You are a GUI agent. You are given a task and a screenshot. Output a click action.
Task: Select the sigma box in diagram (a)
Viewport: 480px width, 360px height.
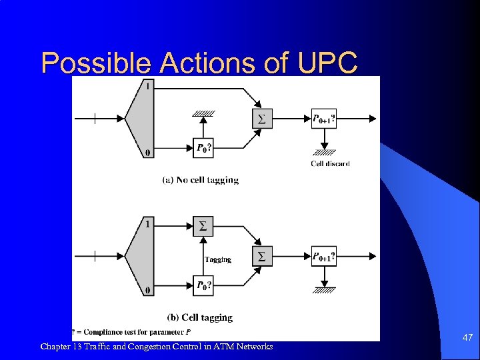click(x=261, y=119)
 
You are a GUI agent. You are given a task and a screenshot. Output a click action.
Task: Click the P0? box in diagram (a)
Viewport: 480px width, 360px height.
click(x=203, y=148)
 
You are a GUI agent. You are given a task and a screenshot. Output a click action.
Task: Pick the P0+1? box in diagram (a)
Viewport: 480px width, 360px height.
click(x=324, y=119)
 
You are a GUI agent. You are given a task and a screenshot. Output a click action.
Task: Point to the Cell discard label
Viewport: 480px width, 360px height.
click(x=330, y=163)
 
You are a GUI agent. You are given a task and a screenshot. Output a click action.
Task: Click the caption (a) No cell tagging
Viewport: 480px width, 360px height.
click(x=200, y=179)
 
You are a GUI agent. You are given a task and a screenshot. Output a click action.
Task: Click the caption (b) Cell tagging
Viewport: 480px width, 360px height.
click(x=200, y=317)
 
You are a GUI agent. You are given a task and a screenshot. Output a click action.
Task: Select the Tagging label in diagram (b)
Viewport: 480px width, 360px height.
click(x=218, y=259)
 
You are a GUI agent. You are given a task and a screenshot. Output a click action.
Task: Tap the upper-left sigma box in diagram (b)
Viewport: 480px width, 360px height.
click(x=203, y=227)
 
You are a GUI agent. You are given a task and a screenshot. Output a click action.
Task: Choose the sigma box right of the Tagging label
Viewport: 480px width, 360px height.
click(x=261, y=256)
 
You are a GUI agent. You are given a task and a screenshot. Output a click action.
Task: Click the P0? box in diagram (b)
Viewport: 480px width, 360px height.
click(x=203, y=285)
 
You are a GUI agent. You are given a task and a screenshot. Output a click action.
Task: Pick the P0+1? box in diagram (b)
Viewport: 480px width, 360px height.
click(x=324, y=256)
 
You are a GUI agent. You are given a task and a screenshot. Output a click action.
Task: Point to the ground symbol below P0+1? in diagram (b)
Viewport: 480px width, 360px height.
click(x=324, y=290)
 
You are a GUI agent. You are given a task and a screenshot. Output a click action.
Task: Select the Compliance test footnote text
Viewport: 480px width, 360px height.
click(x=133, y=332)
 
